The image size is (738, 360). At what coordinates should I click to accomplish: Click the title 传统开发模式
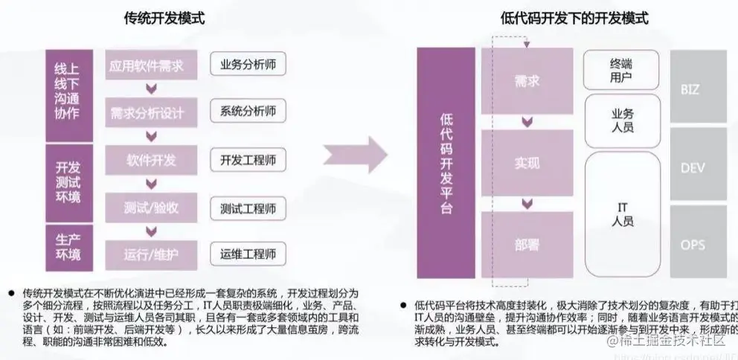[164, 19]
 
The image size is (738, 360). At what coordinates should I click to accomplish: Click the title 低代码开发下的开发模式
[574, 19]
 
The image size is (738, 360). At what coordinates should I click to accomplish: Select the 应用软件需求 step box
[151, 65]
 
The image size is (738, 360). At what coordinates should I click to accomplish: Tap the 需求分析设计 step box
[151, 112]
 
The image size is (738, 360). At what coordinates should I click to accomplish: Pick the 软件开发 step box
[151, 160]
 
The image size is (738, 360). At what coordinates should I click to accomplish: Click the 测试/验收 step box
[151, 208]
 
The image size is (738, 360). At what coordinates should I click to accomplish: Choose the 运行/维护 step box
[151, 254]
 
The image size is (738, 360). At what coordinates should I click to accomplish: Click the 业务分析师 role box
[248, 65]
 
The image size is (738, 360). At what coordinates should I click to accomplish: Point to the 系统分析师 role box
[248, 112]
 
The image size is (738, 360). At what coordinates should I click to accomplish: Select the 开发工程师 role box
[248, 160]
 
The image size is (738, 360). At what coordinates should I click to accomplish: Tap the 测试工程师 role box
[248, 208]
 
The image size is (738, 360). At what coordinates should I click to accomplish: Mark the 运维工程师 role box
[248, 254]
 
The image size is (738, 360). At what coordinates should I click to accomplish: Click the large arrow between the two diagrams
[356, 155]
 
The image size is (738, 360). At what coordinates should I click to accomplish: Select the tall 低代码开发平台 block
[446, 163]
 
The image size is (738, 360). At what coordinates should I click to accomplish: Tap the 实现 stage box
[527, 162]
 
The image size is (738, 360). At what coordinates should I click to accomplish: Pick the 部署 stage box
[527, 244]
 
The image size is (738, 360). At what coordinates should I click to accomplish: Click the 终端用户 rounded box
[622, 70]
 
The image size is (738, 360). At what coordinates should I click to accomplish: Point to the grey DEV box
[698, 168]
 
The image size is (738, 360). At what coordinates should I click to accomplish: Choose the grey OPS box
[698, 245]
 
